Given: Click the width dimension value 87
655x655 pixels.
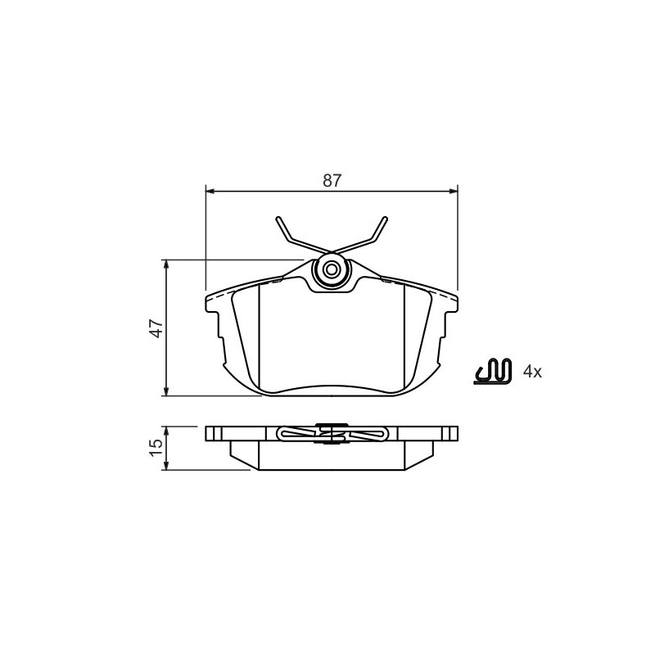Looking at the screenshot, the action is coord(332,180).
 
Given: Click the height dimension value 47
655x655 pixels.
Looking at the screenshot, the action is coord(157,328).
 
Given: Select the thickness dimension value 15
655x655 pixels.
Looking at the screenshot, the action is coord(157,448).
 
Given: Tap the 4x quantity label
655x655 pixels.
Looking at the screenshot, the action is coord(532,372).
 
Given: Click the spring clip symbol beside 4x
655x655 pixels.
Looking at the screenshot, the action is coord(493,371).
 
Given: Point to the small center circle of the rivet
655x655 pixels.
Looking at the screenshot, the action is coord(332,270).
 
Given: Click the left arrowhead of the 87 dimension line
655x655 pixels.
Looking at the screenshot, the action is coord(210,192).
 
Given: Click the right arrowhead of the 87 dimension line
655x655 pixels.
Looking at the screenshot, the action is coord(454,192).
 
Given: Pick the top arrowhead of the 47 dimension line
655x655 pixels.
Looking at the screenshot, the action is coord(166,264).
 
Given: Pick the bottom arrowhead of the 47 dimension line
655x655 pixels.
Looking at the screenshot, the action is coord(166,391).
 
